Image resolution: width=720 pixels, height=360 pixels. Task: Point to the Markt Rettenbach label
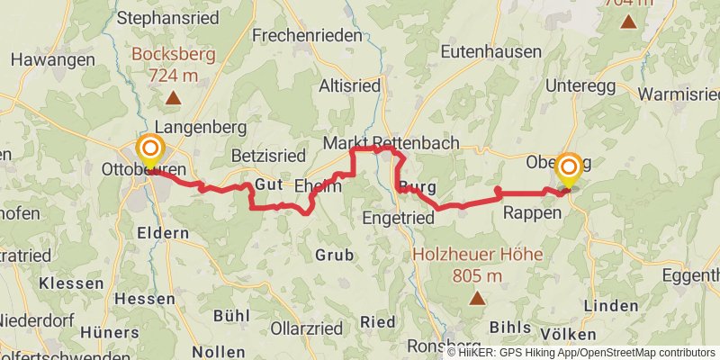(x=391, y=143)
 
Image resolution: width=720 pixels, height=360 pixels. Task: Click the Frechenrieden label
(x=307, y=36)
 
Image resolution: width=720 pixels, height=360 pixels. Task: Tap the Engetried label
(x=399, y=219)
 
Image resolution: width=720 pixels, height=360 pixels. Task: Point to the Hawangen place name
(x=53, y=60)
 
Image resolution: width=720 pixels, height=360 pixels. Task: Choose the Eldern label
(x=163, y=233)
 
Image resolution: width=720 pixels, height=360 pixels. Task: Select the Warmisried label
(x=679, y=94)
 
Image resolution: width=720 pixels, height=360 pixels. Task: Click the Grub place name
(x=334, y=255)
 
